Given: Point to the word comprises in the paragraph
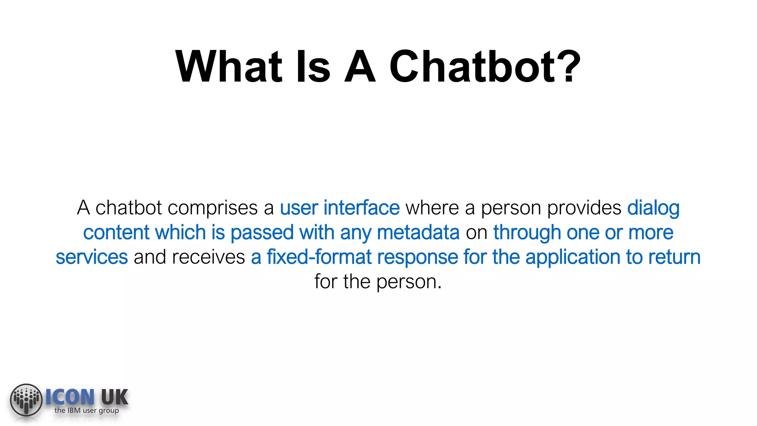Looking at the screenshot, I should pyautogui.click(x=212, y=209).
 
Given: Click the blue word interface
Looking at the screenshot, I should pyautogui.click(x=361, y=208).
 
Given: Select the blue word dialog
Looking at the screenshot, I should pyautogui.click(x=653, y=209).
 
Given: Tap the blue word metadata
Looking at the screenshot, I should pyautogui.click(x=418, y=233).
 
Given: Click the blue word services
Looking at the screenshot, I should pyautogui.click(x=92, y=257).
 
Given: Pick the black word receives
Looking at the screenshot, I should pyautogui.click(x=208, y=257).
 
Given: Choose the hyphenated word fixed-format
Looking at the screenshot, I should pyautogui.click(x=319, y=257).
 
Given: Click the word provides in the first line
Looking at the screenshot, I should pyautogui.click(x=584, y=209).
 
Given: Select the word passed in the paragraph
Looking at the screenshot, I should pyautogui.click(x=262, y=233).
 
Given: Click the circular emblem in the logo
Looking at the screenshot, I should pyautogui.click(x=26, y=400).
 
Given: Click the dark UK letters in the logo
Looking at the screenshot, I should pyautogui.click(x=114, y=398).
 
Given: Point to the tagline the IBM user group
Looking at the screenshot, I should pyautogui.click(x=86, y=410).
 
